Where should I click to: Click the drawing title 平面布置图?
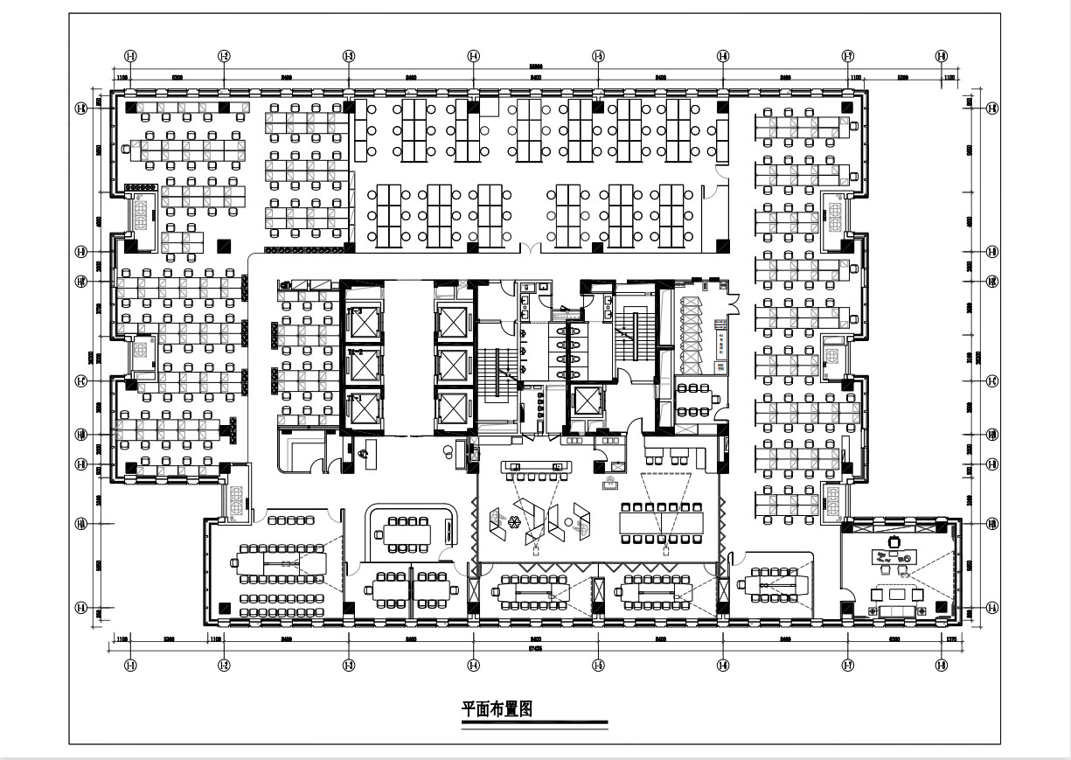[497, 709]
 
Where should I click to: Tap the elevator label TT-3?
[355, 311]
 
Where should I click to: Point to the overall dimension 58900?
[535, 67]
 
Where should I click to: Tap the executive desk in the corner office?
[894, 556]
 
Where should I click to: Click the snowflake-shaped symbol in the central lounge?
[514, 523]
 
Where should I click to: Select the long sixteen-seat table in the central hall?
[662, 521]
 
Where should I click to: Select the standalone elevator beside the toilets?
[584, 403]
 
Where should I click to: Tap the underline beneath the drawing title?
[534, 723]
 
